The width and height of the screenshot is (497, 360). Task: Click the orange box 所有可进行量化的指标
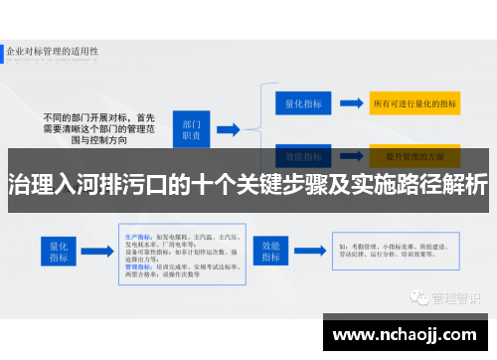click(x=413, y=101)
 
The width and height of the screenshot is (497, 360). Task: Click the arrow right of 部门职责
click(x=234, y=127)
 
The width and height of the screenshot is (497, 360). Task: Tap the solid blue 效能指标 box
click(x=271, y=250)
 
